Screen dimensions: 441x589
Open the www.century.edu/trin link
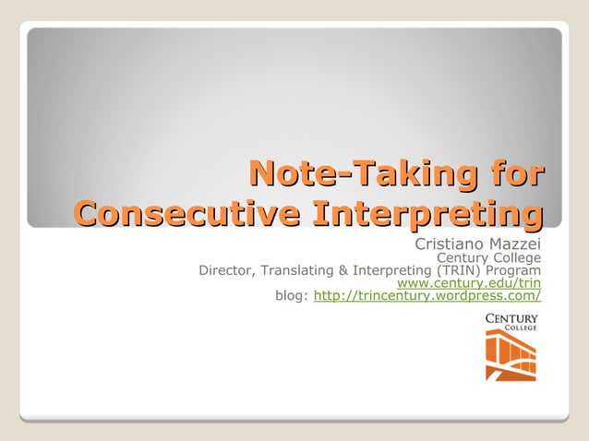coord(468,283)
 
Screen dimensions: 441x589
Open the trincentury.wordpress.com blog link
coord(427,296)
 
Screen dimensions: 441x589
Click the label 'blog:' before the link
coord(293,296)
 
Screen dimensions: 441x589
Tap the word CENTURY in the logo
coord(511,318)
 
